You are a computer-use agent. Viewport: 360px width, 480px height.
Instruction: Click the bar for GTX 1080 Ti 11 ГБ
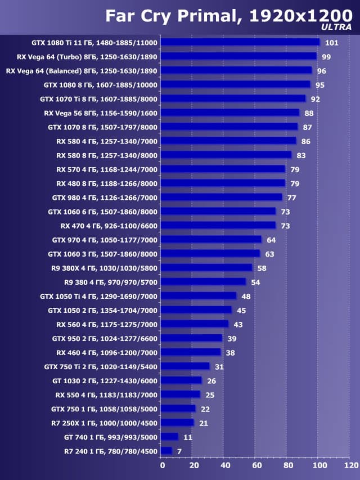[x=240, y=42]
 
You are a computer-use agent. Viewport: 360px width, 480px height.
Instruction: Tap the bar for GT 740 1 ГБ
[x=169, y=437]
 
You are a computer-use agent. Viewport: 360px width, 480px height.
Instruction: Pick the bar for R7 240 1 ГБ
[x=166, y=451]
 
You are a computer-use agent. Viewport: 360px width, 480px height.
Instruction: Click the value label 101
[x=331, y=43]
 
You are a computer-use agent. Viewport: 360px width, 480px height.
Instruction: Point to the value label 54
[x=255, y=282]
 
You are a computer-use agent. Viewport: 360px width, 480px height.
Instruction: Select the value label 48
[x=246, y=296]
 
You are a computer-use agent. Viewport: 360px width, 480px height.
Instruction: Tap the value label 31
[x=219, y=366]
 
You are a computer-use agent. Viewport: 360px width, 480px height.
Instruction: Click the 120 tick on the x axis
[x=351, y=465]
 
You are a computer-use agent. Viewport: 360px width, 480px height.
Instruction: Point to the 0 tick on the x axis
[x=163, y=465]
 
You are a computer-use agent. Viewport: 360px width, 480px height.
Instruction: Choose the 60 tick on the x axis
[x=256, y=465]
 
